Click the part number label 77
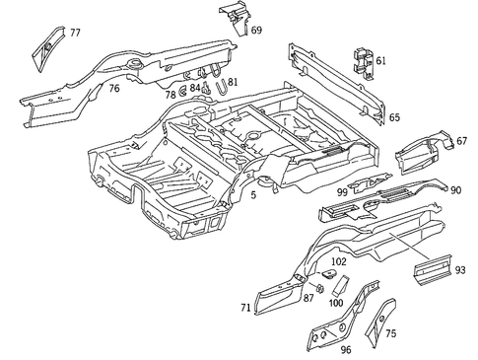point(75,33)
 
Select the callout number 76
point(114,89)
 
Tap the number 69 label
point(256,31)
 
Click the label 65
point(394,117)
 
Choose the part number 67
point(461,142)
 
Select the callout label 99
point(342,191)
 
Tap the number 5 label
point(253,195)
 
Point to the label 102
point(338,261)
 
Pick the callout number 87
point(308,297)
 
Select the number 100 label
point(335,304)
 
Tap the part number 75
point(390,333)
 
